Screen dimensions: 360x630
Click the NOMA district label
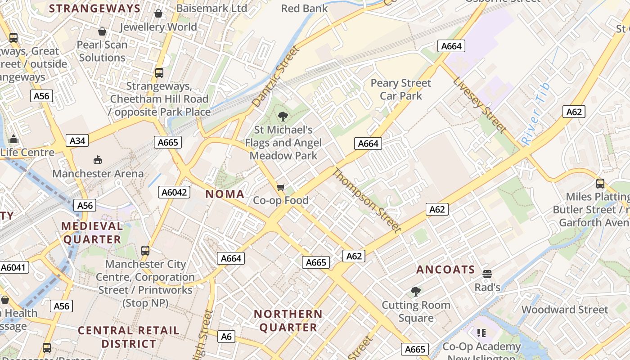coord(225,194)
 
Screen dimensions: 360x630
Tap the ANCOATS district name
coord(445,270)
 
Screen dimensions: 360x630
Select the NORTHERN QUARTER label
coord(288,320)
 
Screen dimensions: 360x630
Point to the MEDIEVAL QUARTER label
coord(92,233)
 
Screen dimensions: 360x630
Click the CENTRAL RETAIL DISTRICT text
coord(129,337)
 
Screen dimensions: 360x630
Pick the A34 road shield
coord(77,141)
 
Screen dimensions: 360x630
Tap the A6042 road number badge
coord(175,193)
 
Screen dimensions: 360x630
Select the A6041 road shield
coord(14,267)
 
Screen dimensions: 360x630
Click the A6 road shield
coord(226,336)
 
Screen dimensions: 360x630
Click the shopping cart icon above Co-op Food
coord(281,187)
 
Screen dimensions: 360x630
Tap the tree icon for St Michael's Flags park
coord(283,117)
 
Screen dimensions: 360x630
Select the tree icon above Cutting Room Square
coord(416,292)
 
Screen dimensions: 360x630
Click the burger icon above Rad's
coord(487,274)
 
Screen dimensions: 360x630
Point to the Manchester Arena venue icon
coord(98,160)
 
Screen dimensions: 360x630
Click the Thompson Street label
coord(367,200)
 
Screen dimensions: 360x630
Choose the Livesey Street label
coord(480,105)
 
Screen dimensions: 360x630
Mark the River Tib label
coord(536,113)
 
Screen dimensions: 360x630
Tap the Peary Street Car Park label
coord(400,89)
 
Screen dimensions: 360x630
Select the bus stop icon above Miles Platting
coord(600,184)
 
